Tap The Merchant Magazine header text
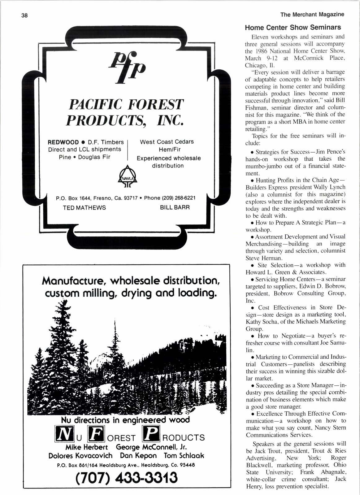[x=312, y=14]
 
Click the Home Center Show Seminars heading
[x=293, y=27]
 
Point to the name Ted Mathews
[x=84, y=207]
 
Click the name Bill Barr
[x=175, y=207]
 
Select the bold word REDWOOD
[x=63, y=142]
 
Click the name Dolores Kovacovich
[x=80, y=456]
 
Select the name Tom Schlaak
[x=184, y=456]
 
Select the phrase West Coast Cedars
[x=167, y=142]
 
